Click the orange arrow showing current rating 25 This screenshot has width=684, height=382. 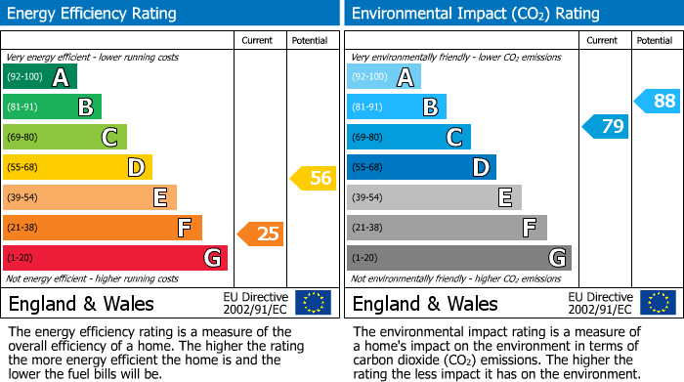260,233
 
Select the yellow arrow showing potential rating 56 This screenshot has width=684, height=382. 313,178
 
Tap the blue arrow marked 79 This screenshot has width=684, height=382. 605,126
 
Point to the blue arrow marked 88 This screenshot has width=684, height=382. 657,101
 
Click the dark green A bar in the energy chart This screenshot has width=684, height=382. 39,77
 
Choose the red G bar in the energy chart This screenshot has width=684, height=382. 114,258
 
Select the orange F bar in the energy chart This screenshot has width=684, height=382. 102,228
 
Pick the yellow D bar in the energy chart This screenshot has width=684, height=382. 77,167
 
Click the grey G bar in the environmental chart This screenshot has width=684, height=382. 458,258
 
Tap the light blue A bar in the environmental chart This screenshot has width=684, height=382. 384,77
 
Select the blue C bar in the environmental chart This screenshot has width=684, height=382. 408,137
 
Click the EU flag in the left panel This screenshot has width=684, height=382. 313,303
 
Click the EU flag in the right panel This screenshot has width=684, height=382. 658,303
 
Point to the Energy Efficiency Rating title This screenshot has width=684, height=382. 93,14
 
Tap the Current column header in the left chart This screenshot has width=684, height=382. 257,40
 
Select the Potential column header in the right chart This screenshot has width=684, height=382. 654,40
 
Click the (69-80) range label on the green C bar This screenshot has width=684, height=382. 22,138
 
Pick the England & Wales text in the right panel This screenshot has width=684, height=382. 425,303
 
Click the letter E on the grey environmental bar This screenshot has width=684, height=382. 504,197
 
